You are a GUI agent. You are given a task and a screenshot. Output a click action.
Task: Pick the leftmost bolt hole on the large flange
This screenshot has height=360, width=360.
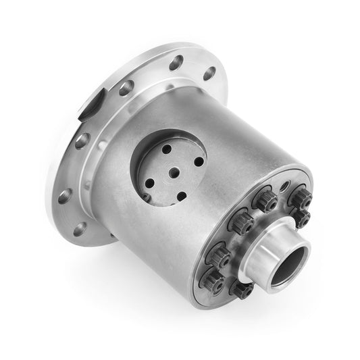(x=64, y=196)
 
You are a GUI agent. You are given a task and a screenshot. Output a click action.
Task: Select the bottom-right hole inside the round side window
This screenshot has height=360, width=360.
(x=181, y=197)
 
